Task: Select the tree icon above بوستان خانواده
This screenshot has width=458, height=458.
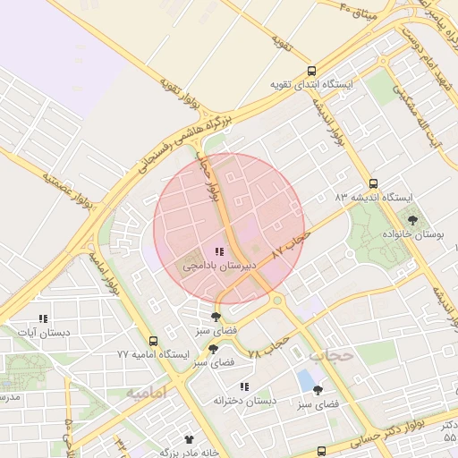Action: (412, 219)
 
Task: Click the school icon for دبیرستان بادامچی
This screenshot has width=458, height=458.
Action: (220, 252)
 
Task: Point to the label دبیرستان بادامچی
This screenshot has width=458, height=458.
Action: (220, 266)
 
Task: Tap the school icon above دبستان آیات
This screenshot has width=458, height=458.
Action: (42, 318)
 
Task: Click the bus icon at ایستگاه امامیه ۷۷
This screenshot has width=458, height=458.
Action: (154, 341)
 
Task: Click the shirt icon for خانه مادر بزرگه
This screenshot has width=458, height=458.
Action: (189, 439)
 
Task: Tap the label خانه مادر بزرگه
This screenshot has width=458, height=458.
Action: (189, 453)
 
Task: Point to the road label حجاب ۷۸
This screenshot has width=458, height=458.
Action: (267, 345)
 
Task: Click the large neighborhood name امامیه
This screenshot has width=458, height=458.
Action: (148, 393)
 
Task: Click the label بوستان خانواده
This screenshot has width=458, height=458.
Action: (412, 233)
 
